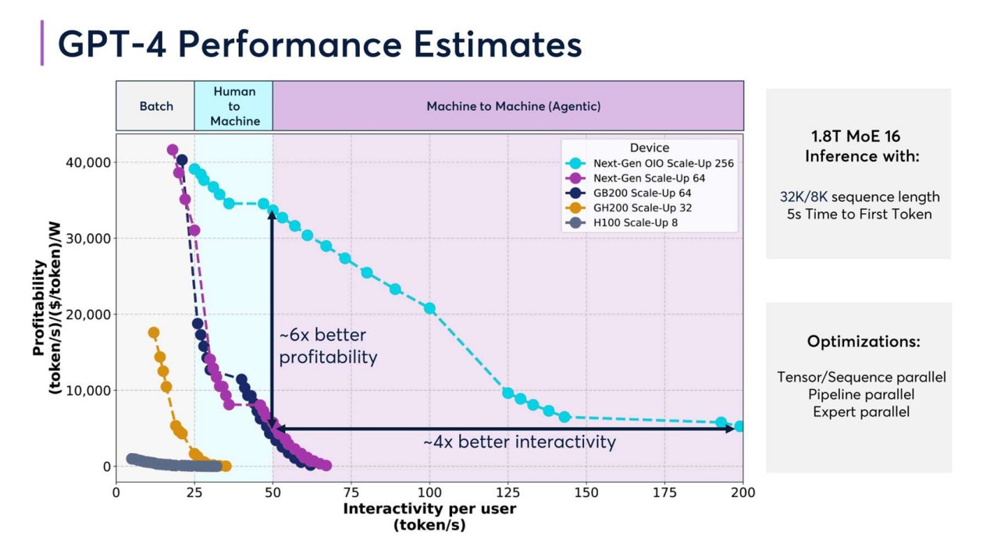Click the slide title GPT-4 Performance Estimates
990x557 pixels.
click(x=320, y=44)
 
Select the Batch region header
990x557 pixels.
click(x=156, y=106)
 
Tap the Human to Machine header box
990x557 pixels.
click(x=234, y=106)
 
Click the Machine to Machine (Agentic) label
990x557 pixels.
click(x=513, y=106)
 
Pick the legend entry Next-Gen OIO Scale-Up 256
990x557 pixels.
click(x=663, y=163)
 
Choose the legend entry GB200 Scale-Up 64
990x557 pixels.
click(x=642, y=193)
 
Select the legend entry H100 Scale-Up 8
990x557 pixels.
click(x=636, y=222)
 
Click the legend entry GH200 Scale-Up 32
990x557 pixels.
click(x=642, y=208)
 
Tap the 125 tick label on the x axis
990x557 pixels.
click(x=507, y=492)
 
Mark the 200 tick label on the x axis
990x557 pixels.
click(x=742, y=492)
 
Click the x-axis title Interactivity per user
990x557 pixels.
click(x=429, y=509)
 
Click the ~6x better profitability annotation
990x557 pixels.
click(x=328, y=346)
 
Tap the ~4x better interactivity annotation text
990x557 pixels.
click(x=519, y=442)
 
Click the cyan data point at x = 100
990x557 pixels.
click(x=429, y=308)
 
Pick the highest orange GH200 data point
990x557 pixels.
click(x=154, y=333)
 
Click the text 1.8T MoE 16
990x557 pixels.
click(x=856, y=137)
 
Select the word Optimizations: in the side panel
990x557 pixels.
click(x=864, y=342)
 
